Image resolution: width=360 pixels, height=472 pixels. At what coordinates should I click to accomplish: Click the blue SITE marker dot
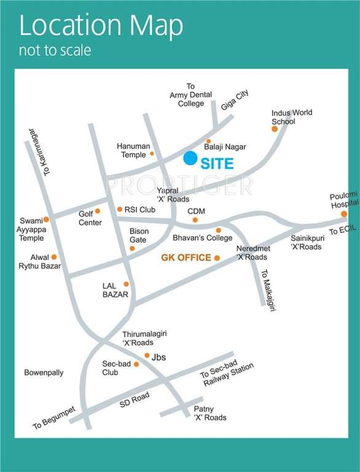pos(190,159)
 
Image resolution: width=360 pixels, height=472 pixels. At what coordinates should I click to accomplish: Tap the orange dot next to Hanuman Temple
pos(152,154)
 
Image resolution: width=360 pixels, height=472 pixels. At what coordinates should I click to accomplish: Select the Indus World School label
pos(292,117)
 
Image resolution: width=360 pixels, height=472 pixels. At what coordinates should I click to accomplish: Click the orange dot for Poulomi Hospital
pos(344,214)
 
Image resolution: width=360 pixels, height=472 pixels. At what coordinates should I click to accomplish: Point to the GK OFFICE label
pos(186,258)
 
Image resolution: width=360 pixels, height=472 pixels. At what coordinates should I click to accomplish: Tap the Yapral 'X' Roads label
pos(173,195)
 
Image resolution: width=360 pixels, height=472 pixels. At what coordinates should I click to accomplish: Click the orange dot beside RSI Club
pos(120,210)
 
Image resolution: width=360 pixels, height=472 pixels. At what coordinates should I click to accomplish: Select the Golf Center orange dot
pos(97,211)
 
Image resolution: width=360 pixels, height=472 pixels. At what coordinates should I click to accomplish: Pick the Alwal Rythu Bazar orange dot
pos(54,257)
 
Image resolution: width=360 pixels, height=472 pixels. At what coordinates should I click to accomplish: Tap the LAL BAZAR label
pos(115,290)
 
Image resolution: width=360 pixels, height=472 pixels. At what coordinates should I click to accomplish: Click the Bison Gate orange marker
pos(132,248)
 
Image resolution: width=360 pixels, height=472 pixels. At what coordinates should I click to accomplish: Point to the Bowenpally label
pos(44,372)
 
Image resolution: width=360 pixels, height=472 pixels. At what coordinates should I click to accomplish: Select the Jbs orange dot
pos(147,355)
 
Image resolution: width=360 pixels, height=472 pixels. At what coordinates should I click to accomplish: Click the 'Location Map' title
pos(101,26)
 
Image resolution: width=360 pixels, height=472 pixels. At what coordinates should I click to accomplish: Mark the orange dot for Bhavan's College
pos(218,230)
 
